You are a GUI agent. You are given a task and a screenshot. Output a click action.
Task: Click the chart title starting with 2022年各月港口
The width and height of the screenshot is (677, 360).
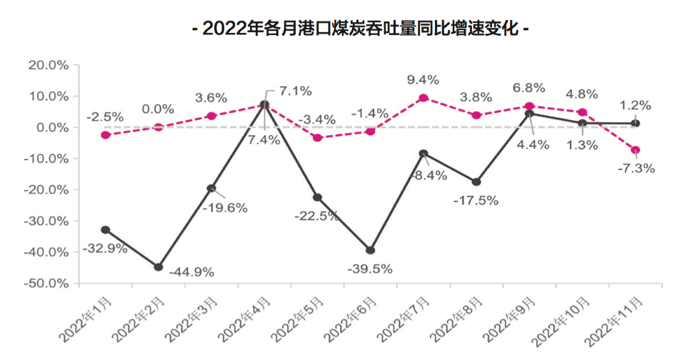pyautogui.click(x=361, y=30)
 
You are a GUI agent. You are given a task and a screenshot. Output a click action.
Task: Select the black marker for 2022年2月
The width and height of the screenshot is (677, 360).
pyautogui.click(x=159, y=267)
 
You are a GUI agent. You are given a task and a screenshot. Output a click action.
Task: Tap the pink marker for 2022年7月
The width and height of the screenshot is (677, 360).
pyautogui.click(x=423, y=98)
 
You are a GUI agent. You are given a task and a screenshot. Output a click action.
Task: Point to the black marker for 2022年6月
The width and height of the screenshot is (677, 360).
pyautogui.click(x=370, y=250)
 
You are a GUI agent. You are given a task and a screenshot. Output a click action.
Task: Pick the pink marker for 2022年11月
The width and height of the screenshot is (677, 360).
pyautogui.click(x=635, y=150)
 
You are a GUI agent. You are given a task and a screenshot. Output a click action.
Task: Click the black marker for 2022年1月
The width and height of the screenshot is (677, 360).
pyautogui.click(x=106, y=230)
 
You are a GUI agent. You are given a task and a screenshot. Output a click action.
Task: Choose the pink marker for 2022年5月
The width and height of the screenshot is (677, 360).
pyautogui.click(x=317, y=137)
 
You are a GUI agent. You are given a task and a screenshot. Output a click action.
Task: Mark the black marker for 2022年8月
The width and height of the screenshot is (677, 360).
pyautogui.click(x=476, y=181)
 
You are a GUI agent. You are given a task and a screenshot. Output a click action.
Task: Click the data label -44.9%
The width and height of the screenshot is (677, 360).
pyautogui.click(x=191, y=272)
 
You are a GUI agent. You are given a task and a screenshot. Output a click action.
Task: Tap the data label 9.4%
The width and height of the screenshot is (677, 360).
pyautogui.click(x=423, y=79)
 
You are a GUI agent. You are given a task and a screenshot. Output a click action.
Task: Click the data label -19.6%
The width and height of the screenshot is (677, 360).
pyautogui.click(x=226, y=208)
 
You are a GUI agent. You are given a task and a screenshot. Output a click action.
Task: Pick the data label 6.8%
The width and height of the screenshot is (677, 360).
pyautogui.click(x=529, y=88)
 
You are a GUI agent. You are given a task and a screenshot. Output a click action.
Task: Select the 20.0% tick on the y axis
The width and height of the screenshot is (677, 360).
pyautogui.click(x=48, y=65)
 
